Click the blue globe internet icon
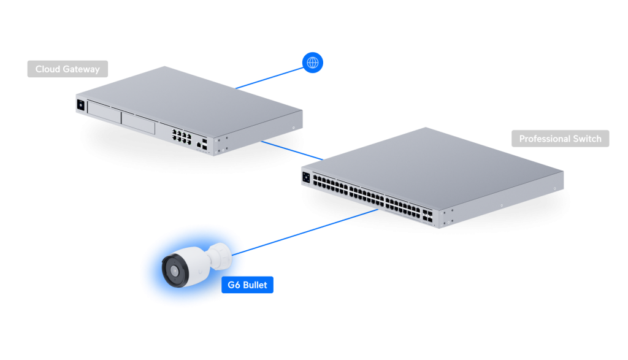pyautogui.click(x=313, y=63)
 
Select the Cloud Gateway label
pyautogui.click(x=67, y=69)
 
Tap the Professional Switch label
pyautogui.click(x=560, y=139)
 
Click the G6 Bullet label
pyautogui.click(x=247, y=285)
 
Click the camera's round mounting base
pyautogui.click(x=221, y=254)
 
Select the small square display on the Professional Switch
pyautogui.click(x=306, y=178)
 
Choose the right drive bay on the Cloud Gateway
pyautogui.click(x=139, y=121)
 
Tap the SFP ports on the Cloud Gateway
pyautogui.click(x=204, y=144)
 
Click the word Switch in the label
pyautogui.click(x=587, y=139)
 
